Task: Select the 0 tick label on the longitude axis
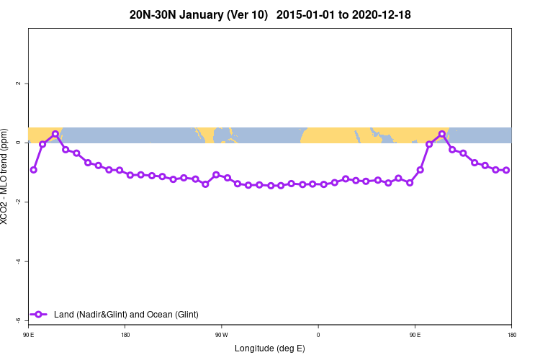coord(318,335)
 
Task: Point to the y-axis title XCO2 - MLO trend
coord(6,176)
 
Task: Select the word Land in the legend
coord(63,315)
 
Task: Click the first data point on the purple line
coord(33,170)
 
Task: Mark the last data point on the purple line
coord(506,170)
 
